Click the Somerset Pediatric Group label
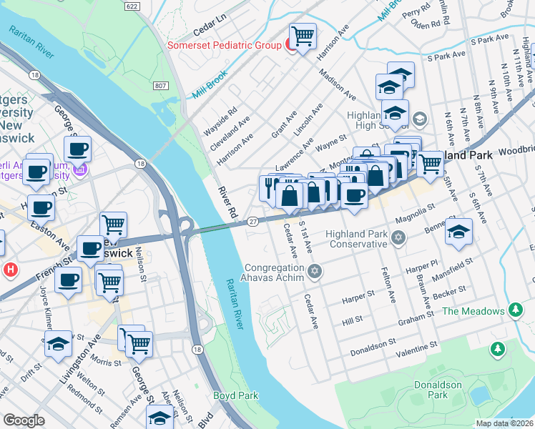[224, 45]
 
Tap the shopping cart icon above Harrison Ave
[303, 35]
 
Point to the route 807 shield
[159, 86]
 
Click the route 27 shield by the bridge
[252, 222]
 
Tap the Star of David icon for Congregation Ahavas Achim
[315, 270]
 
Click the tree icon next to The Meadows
[514, 310]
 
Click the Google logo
[24, 420]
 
